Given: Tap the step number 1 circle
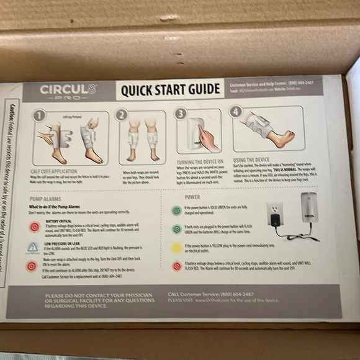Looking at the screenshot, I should coord(38,116).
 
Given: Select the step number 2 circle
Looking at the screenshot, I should coord(122,114).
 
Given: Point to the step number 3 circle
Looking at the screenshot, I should coord(180,113).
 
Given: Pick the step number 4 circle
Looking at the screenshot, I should coord(235,112).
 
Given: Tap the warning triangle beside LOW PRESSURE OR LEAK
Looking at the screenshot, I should coord(33,247).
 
